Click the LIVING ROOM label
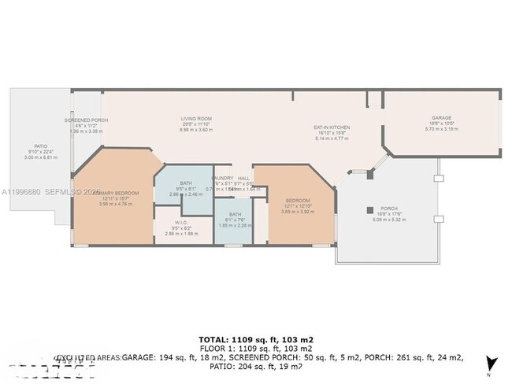(x=197, y=118)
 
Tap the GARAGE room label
(x=441, y=118)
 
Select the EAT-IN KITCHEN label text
(x=332, y=127)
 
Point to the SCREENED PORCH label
(x=86, y=120)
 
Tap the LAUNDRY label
(x=223, y=178)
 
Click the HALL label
(x=244, y=178)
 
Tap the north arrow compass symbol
(x=492, y=364)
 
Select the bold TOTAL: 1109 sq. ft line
(x=256, y=338)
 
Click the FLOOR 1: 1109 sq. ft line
(x=256, y=348)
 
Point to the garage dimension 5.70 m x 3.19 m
(x=441, y=129)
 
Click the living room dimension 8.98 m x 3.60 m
(x=197, y=130)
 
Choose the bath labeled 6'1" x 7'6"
(x=235, y=214)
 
